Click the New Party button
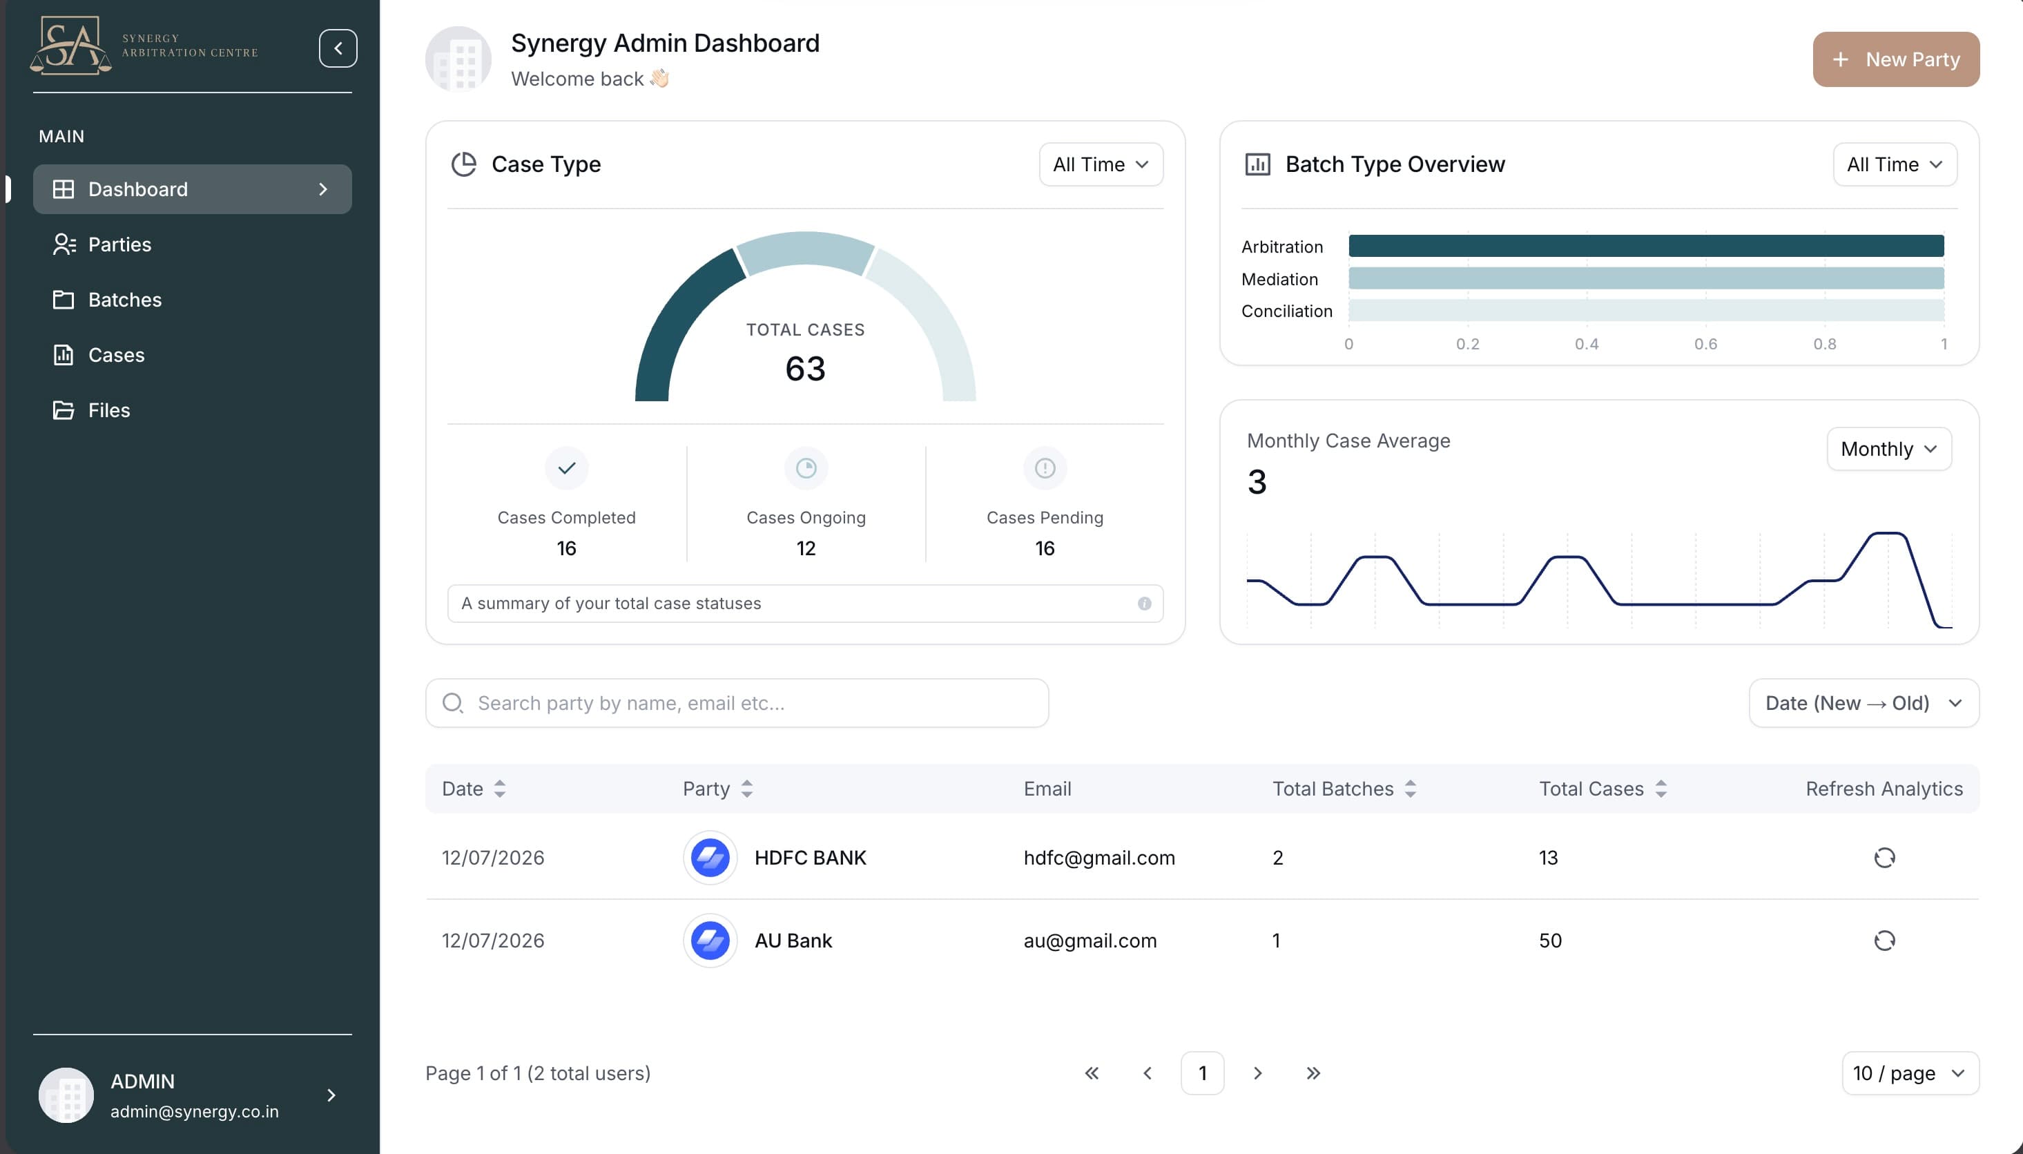pos(1895,59)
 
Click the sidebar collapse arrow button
pos(338,48)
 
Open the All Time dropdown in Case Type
pos(1101,164)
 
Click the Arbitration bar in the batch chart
pos(1646,246)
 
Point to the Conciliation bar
pos(1646,310)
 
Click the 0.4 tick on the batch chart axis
pos(1587,344)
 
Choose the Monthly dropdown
pos(1889,449)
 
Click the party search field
pos(737,703)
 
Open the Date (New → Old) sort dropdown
pos(1864,703)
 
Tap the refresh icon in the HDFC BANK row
pos(1884,858)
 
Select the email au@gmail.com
pos(1090,941)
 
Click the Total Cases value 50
pos(1550,941)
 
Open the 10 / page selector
pos(1910,1073)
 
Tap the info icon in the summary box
pos(1144,603)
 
